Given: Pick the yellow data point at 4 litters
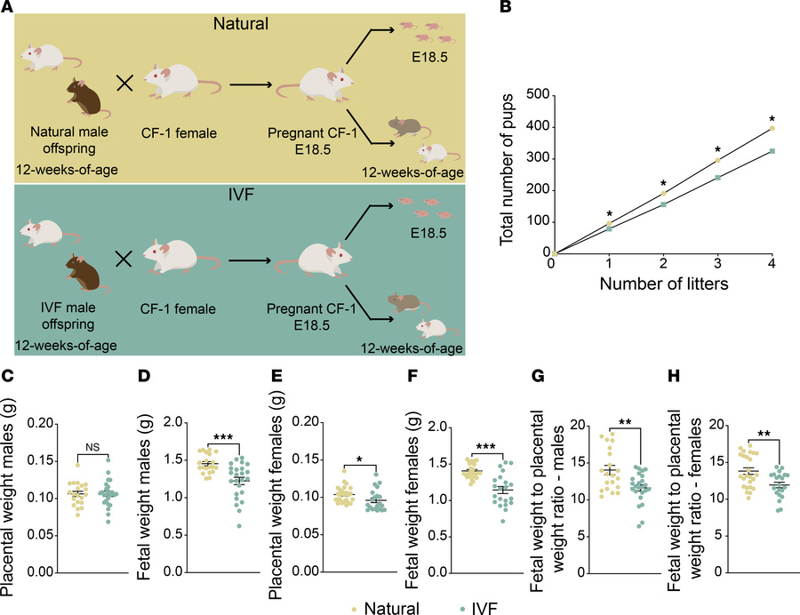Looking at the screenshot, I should pyautogui.click(x=772, y=129).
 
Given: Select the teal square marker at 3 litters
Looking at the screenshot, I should pyautogui.click(x=717, y=177).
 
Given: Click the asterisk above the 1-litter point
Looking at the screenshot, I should pyautogui.click(x=609, y=214).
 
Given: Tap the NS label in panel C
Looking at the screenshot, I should pyautogui.click(x=89, y=450).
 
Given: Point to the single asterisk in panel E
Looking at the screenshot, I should pyautogui.click(x=359, y=460).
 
